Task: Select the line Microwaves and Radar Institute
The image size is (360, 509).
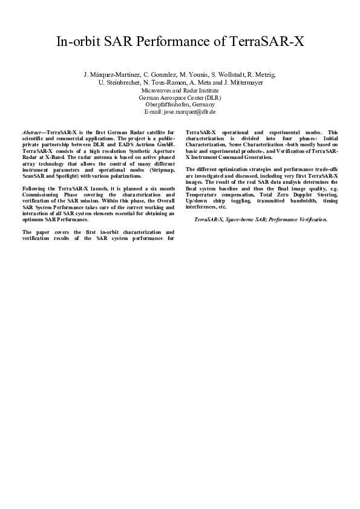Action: (x=180, y=89)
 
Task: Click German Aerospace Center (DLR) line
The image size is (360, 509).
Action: (x=180, y=97)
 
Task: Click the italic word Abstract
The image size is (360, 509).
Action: (x=31, y=132)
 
